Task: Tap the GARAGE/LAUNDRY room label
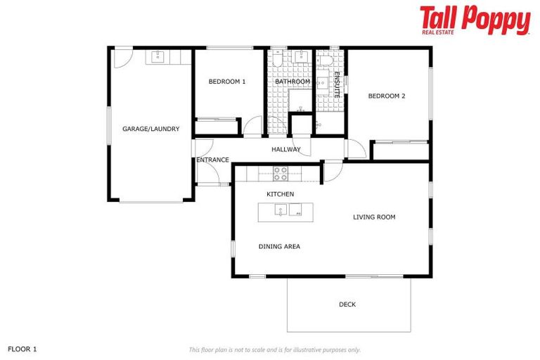150,129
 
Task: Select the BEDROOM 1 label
227,82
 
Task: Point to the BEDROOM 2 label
387,96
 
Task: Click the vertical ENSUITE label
337,84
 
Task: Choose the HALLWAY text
286,149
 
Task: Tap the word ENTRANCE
212,160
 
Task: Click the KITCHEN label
280,193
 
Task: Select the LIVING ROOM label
374,217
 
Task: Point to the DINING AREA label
279,246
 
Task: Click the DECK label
347,304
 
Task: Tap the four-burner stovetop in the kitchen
281,174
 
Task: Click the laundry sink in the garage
156,56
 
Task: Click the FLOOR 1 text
22,349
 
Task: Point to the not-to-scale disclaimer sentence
275,349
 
